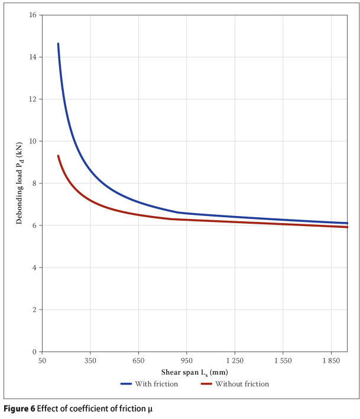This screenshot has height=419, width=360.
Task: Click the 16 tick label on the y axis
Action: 31,14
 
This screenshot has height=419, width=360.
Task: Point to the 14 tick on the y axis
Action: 31,57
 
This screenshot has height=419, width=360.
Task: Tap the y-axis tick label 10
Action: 31,141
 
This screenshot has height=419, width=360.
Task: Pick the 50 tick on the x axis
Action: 42,360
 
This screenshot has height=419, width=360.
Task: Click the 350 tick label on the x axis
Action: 90,360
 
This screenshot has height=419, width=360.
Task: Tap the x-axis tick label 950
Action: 186,360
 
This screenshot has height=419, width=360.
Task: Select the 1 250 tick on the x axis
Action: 235,360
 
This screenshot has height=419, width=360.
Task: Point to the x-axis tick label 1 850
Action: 331,360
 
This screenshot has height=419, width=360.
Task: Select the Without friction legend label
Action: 242,384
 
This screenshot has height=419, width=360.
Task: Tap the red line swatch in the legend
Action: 206,384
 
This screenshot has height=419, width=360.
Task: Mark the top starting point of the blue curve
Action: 58,44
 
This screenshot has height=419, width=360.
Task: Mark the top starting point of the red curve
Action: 58,156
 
